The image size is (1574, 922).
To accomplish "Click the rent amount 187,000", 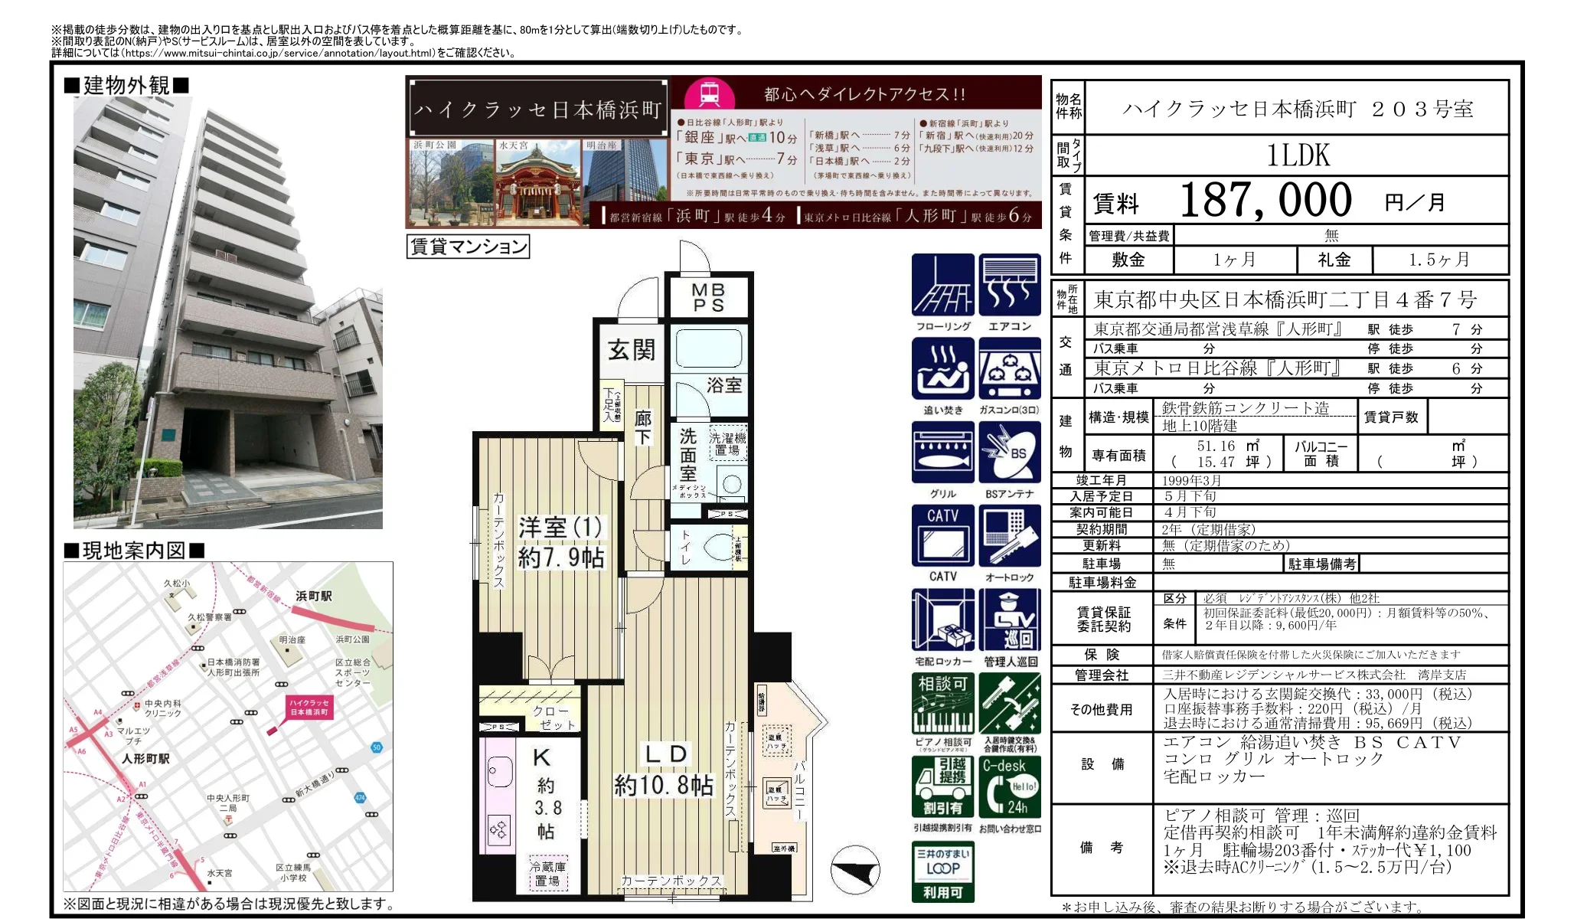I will [1265, 201].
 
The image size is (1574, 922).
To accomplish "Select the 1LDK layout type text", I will [1298, 155].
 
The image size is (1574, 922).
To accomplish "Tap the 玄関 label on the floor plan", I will [631, 350].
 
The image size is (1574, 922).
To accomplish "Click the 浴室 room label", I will [723, 385].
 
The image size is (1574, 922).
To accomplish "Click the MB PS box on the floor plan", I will [708, 297].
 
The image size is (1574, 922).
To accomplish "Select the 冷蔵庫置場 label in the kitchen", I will [548, 874].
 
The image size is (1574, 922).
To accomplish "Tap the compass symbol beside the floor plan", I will [855, 869].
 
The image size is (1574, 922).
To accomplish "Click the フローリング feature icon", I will [942, 285].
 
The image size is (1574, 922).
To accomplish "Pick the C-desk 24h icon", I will [1010, 786].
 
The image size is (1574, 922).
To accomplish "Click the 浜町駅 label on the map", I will [314, 596].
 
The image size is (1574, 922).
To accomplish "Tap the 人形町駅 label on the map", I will [145, 759].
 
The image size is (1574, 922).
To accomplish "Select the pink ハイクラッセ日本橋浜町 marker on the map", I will [309, 707].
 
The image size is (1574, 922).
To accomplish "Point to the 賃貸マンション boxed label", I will [468, 247].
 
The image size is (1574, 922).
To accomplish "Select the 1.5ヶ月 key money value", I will [1438, 260].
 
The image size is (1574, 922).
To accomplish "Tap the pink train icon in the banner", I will [708, 95].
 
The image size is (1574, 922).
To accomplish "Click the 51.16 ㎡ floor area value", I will [1227, 446].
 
